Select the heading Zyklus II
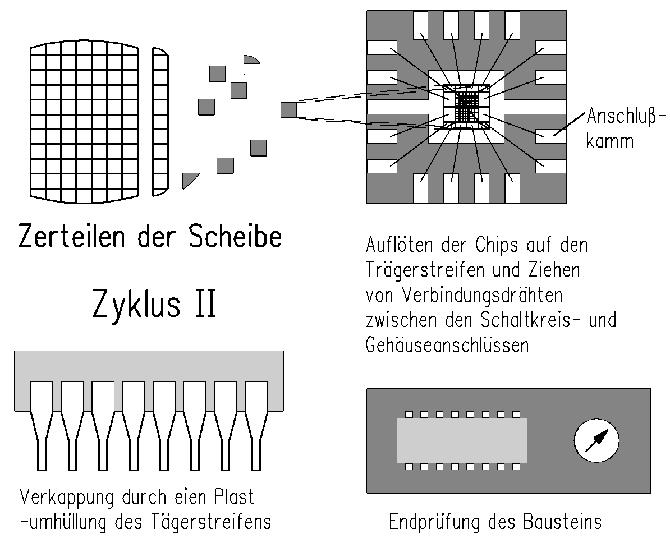tap(155, 304)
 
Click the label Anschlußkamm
tap(626, 128)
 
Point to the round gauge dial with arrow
tap(596, 440)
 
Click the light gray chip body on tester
tap(462, 440)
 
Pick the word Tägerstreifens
tap(211, 522)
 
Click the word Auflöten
tap(400, 245)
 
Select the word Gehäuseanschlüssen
tap(447, 344)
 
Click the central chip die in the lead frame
tap(466, 106)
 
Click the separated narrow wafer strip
tap(160, 122)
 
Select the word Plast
tap(233, 497)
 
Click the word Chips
tap(496, 245)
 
